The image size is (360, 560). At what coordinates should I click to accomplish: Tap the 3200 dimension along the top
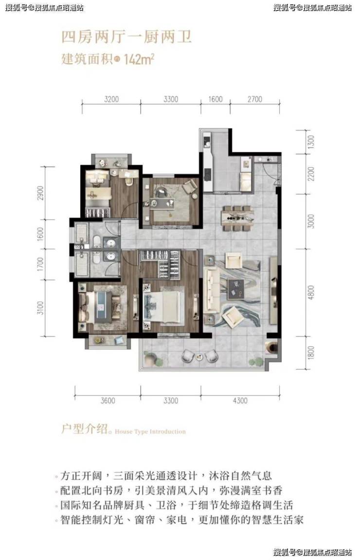click(x=111, y=99)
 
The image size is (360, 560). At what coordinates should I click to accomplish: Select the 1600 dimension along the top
click(x=216, y=99)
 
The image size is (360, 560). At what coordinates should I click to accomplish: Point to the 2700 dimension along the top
click(x=254, y=99)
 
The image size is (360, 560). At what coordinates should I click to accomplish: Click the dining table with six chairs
click(x=236, y=218)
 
